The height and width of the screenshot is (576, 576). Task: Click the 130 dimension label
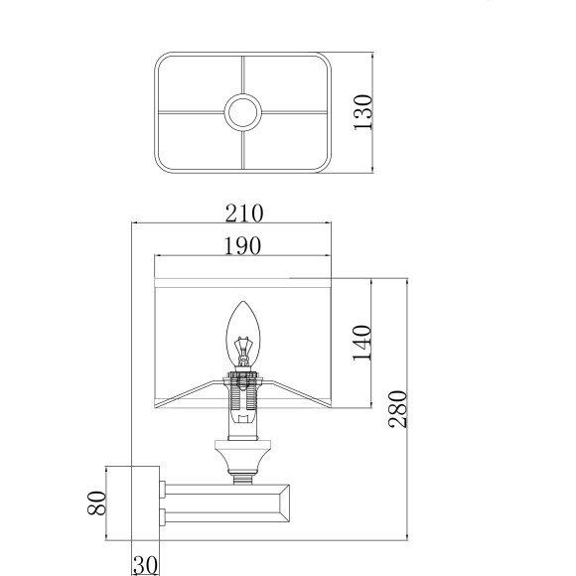tap(362, 112)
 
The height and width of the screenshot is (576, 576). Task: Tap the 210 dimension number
tap(244, 214)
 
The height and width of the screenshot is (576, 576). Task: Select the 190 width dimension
tap(243, 245)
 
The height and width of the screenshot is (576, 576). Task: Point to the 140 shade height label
tap(362, 343)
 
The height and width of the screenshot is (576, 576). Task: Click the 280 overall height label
tap(398, 409)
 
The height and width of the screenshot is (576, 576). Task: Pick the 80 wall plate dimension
tap(96, 503)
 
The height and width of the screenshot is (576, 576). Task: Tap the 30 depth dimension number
tap(145, 565)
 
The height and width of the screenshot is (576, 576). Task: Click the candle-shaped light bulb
tap(243, 334)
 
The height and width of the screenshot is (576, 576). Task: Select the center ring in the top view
tap(243, 112)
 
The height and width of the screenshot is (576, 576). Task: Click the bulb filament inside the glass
tap(243, 348)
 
